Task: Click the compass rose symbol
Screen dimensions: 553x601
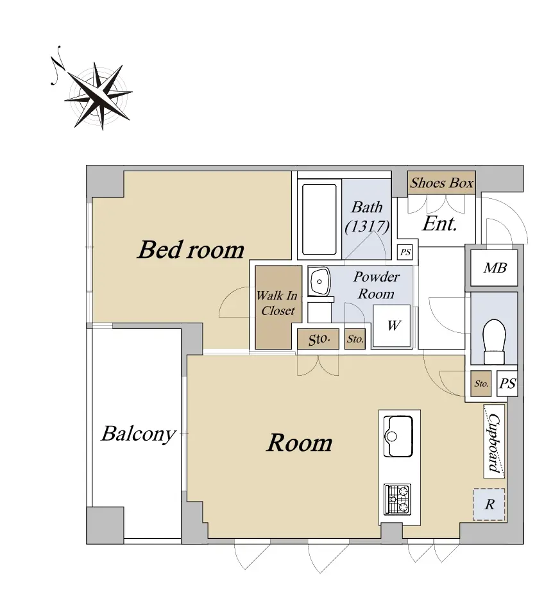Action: (x=98, y=96)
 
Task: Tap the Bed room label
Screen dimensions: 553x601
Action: (x=191, y=250)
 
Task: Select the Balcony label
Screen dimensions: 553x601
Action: (x=139, y=434)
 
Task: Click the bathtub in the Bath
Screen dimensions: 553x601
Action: (x=319, y=219)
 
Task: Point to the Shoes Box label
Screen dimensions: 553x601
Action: (x=441, y=183)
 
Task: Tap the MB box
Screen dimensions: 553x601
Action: (x=494, y=267)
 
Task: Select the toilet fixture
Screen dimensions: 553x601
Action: (x=494, y=341)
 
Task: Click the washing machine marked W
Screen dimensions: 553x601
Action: (x=392, y=326)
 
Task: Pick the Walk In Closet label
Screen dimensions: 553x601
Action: (x=277, y=303)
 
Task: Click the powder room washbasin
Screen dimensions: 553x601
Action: (x=319, y=282)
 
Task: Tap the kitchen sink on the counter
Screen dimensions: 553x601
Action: (x=398, y=436)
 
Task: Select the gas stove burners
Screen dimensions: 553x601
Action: (x=398, y=500)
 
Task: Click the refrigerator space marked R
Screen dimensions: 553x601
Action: (x=489, y=504)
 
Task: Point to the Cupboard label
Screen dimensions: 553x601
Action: (x=495, y=443)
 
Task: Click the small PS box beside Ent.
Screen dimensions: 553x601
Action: (x=405, y=252)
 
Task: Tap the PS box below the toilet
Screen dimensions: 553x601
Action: (x=507, y=384)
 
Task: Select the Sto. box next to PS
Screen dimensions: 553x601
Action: (x=481, y=384)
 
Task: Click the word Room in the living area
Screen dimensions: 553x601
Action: (x=299, y=443)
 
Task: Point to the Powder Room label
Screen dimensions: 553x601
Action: (x=376, y=285)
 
